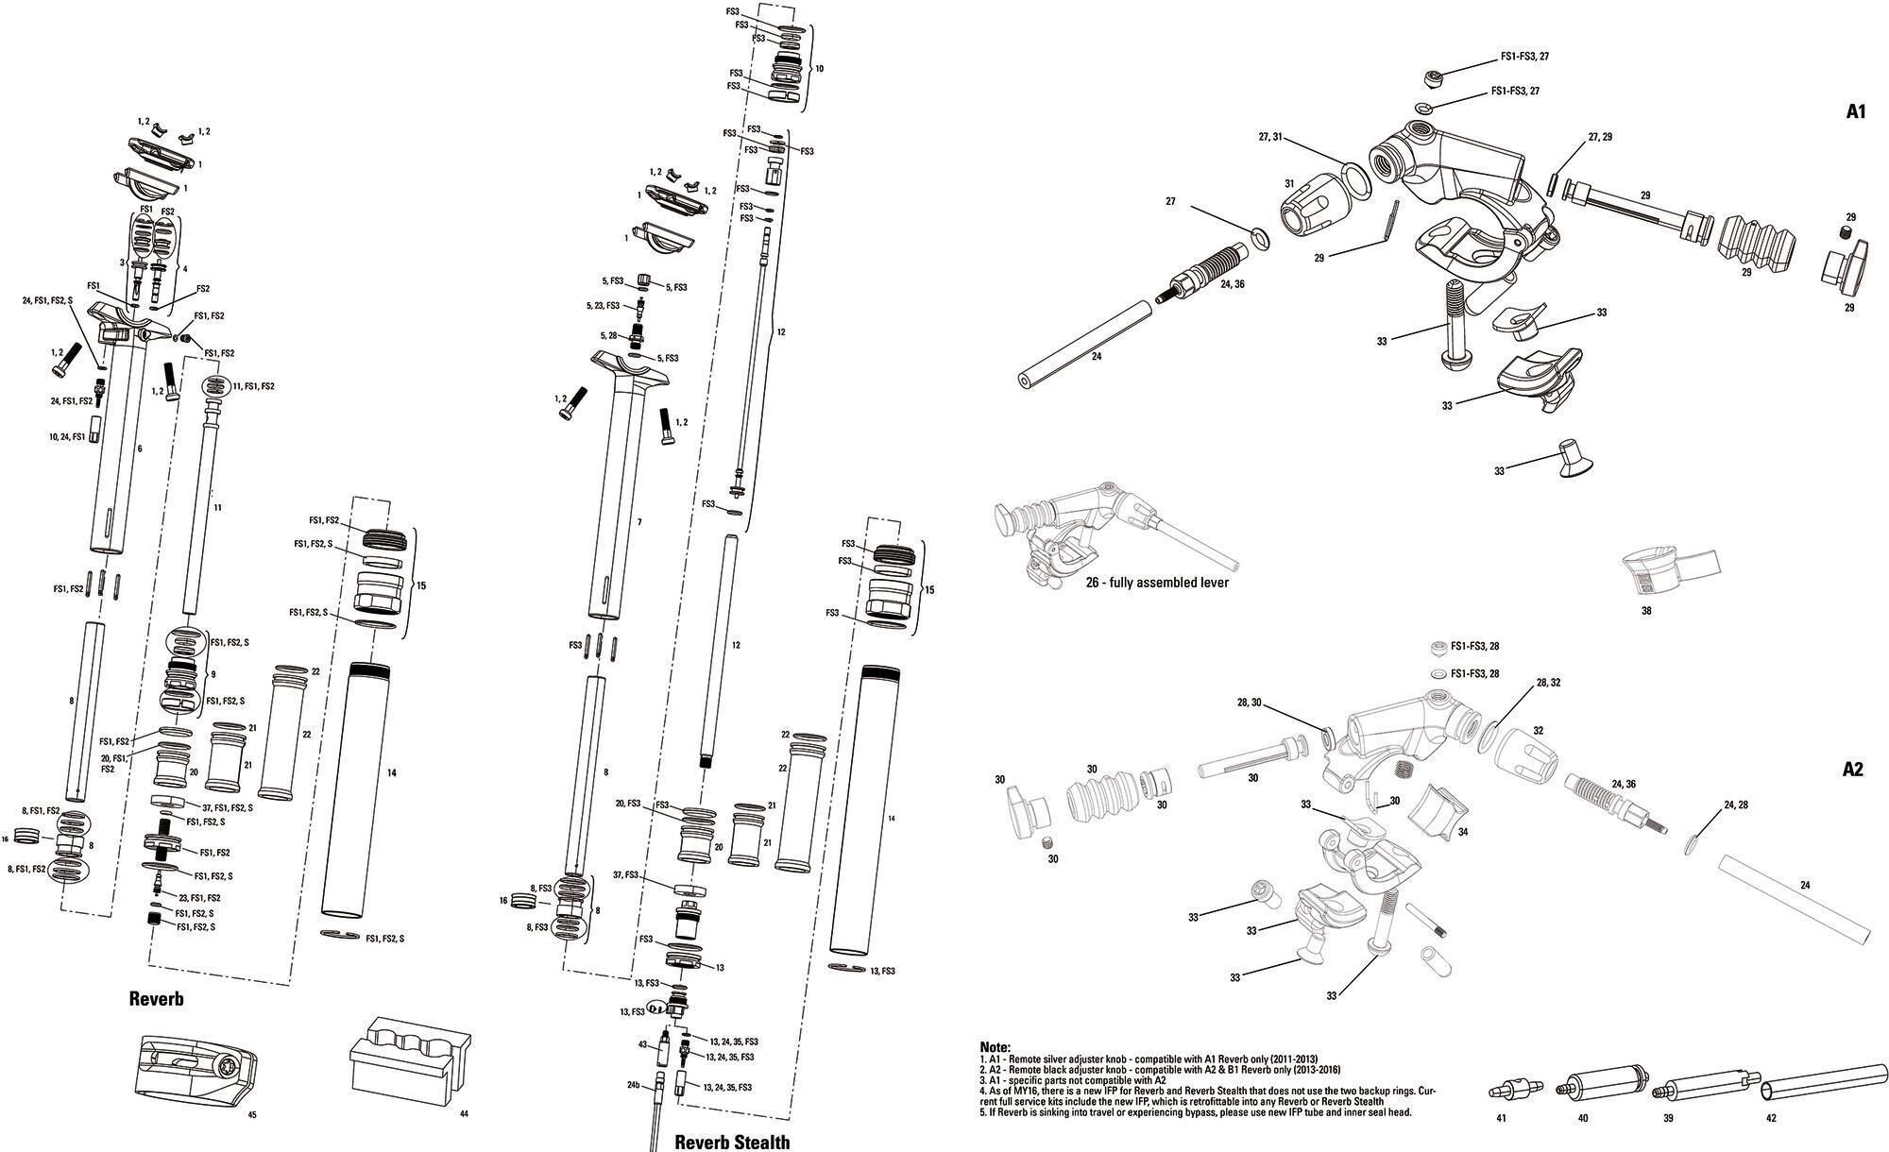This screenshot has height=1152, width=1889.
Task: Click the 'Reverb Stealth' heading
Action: point(731,1142)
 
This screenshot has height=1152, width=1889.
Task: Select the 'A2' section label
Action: point(1853,770)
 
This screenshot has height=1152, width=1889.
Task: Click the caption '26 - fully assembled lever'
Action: point(1157,583)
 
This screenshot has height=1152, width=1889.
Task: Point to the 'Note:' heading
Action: point(995,1047)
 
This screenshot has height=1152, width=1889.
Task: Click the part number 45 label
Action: point(251,1115)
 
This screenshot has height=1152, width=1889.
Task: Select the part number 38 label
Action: point(1646,611)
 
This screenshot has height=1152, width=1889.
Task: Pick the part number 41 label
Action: point(1501,1118)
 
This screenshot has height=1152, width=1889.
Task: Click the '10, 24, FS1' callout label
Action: point(67,437)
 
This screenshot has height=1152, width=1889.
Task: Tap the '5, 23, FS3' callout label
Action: point(600,306)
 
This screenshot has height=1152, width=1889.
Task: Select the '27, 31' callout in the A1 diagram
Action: point(1270,137)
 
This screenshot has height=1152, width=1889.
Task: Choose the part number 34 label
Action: point(1463,833)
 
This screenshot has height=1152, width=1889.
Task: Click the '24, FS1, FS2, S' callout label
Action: point(47,300)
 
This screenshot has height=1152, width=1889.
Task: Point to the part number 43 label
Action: point(642,1044)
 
